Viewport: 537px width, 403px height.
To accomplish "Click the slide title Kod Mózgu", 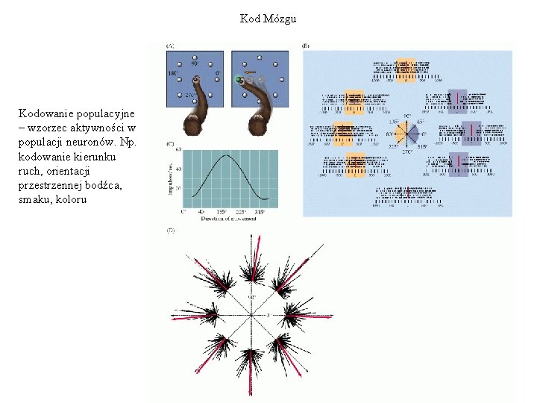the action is (x=268, y=19).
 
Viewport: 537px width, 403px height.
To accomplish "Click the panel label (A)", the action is (x=170, y=46).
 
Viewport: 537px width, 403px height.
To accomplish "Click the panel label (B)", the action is (x=306, y=46).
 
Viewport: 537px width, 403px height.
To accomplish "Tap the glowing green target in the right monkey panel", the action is (x=239, y=79).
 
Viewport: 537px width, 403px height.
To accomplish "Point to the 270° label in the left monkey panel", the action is (x=191, y=95).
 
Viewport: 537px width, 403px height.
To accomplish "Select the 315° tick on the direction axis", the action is (x=260, y=213).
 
